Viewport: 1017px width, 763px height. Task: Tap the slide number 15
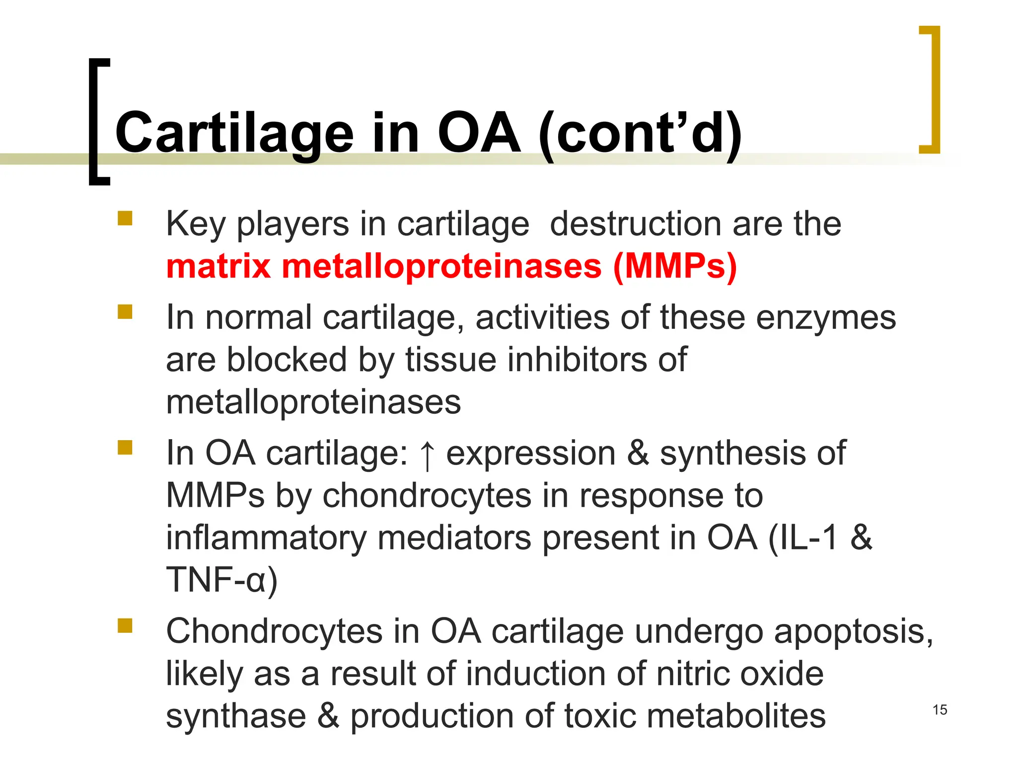(x=940, y=710)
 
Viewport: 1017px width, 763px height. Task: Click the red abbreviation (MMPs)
(x=675, y=266)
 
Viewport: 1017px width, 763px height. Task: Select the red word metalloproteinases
(x=441, y=266)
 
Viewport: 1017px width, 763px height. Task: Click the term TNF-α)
(x=221, y=580)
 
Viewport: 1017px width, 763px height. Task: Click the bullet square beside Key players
(x=125, y=219)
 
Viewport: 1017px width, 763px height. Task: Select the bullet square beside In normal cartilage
(x=125, y=312)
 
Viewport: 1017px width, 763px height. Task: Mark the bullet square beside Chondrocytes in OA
(x=125, y=625)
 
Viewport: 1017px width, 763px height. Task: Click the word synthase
(x=236, y=716)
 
